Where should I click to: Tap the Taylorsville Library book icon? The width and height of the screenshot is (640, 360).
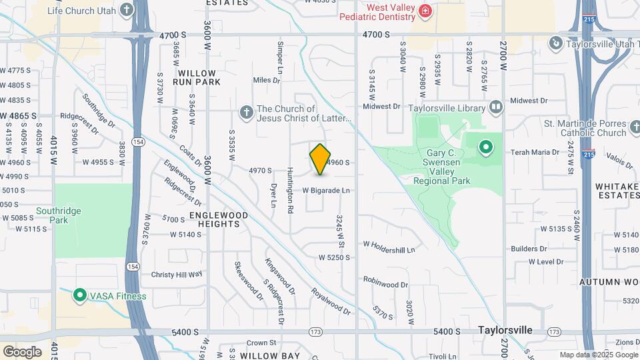click(x=495, y=107)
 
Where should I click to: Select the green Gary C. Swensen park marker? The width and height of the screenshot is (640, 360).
click(x=486, y=146)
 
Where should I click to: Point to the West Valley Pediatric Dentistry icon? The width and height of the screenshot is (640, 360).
click(x=425, y=11)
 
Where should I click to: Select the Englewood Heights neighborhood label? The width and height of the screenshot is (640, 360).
click(x=219, y=220)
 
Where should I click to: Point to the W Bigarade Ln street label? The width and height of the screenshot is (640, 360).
click(x=326, y=191)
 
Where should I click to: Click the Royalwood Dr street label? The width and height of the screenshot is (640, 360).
click(x=331, y=301)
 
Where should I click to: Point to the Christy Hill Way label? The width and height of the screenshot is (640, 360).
click(x=177, y=274)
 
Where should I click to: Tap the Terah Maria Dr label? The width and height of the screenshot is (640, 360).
click(x=535, y=152)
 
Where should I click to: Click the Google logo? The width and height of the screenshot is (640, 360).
click(x=23, y=351)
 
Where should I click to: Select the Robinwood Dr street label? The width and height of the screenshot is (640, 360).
click(x=385, y=284)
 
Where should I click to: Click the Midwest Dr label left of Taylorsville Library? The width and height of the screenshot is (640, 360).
click(x=381, y=106)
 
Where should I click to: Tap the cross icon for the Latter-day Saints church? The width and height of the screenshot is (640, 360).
click(x=246, y=113)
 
